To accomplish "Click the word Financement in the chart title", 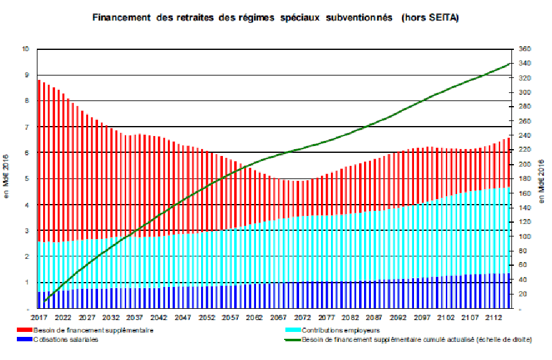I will coord(119,17).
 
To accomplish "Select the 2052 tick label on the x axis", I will coord(207,317).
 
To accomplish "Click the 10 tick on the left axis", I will coord(26,49).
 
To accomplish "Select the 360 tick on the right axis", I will coord(523,49).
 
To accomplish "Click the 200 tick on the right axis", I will coord(523,164).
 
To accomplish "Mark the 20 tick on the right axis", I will coord(521,294).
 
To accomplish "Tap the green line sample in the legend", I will coord(292,339).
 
